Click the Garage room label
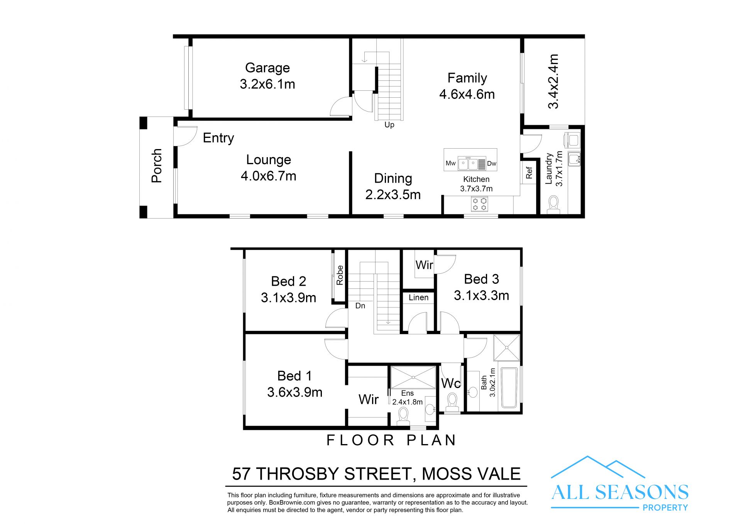(267, 68)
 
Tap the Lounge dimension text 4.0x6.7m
(269, 176)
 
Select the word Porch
(157, 165)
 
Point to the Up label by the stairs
(389, 125)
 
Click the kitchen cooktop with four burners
(479, 204)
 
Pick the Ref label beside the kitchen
(529, 173)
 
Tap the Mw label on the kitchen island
(450, 163)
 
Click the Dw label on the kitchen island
(491, 163)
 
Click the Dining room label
(393, 178)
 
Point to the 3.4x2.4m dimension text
(553, 81)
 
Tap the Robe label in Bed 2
(340, 275)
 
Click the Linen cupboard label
(418, 297)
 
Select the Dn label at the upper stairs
(360, 305)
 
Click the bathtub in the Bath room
(509, 388)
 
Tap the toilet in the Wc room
(452, 402)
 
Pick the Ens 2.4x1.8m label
(408, 397)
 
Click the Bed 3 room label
(481, 279)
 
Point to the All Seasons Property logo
(620, 483)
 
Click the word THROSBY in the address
(298, 474)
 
